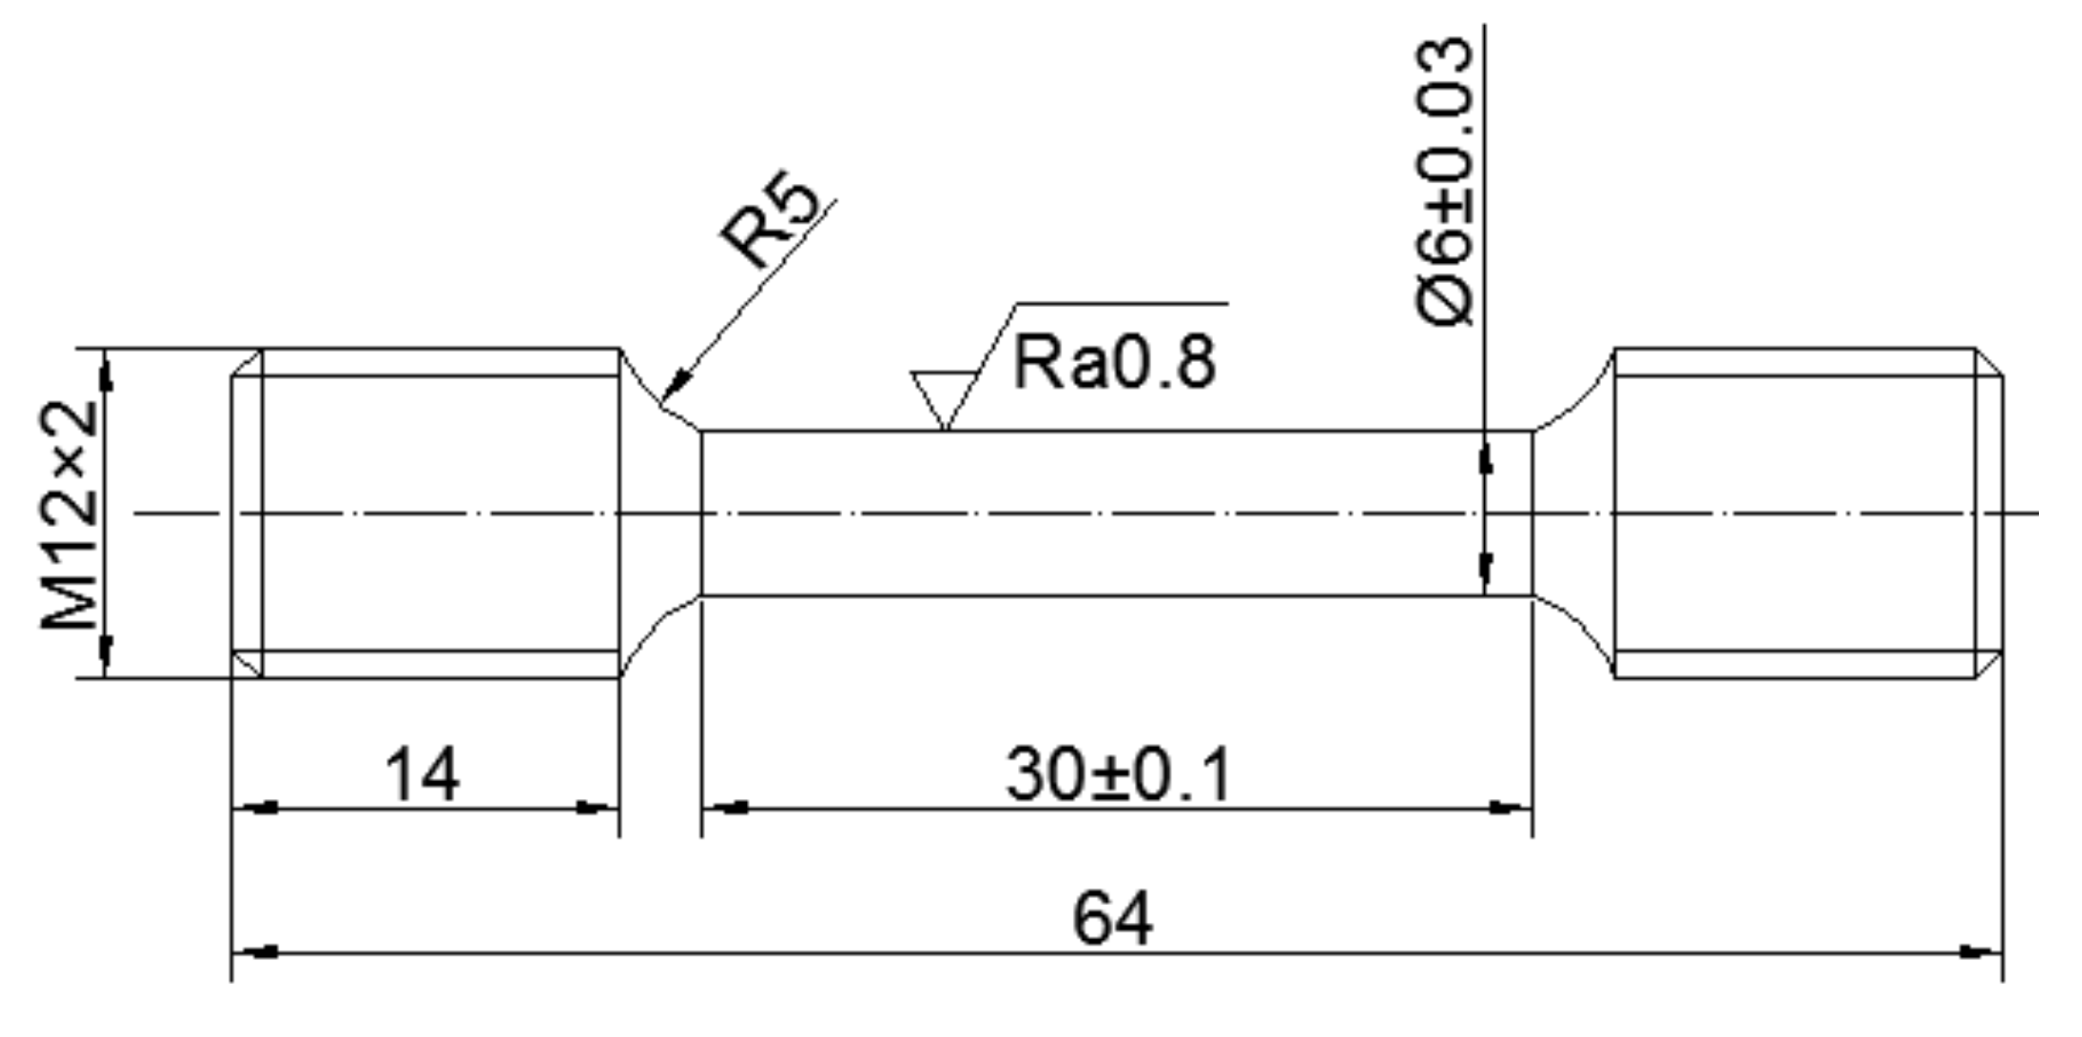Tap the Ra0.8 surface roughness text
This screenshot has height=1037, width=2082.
pos(1114,363)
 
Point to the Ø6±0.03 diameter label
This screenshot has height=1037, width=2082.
pos(1445,180)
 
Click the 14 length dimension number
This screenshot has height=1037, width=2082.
pos(422,774)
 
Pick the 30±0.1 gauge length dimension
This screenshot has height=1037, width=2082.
pos(1118,774)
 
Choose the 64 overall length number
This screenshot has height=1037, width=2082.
pos(1112,918)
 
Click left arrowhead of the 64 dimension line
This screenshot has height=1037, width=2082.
pos(257,953)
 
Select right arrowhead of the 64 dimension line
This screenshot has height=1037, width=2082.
pos(1979,953)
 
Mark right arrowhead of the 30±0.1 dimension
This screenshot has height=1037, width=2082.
pos(1508,808)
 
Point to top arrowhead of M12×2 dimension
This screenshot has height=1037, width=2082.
pos(106,372)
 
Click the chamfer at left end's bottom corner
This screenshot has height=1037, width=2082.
pos(246,664)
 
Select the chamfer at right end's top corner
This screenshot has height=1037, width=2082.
pos(1990,362)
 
